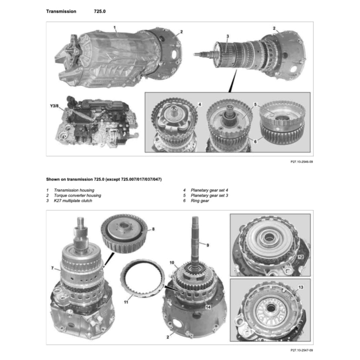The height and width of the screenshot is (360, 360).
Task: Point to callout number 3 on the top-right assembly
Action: click(x=227, y=36)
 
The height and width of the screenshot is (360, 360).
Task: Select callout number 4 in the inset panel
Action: click(x=199, y=105)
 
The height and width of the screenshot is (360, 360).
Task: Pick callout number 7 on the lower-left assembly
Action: click(x=53, y=268)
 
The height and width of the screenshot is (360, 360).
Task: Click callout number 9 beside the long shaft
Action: click(x=207, y=245)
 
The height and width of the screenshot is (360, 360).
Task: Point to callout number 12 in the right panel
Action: click(x=300, y=257)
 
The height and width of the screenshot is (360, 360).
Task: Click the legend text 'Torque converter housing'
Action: click(x=77, y=196)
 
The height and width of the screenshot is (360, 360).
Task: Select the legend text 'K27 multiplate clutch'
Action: click(x=73, y=201)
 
